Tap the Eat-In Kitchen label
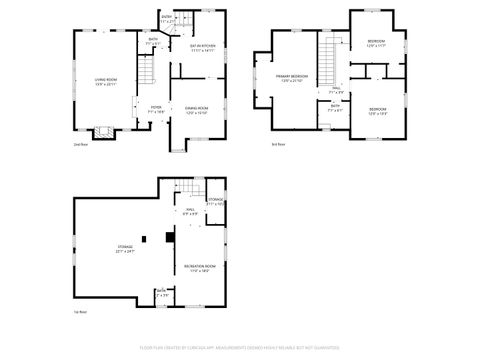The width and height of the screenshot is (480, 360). [203, 46]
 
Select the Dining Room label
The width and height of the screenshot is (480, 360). [196, 110]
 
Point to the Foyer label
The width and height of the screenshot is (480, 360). [156, 109]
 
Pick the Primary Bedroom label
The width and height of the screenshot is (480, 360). [292, 77]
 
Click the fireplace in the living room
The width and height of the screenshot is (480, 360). [103, 131]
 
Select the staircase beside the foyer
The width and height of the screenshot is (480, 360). [146, 74]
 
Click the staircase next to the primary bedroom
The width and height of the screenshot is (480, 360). [326, 55]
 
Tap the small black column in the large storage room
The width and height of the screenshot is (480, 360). [145, 238]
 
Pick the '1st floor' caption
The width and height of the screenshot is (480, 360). [79, 313]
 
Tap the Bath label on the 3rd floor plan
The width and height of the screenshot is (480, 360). [335, 107]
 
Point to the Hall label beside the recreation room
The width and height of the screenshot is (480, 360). [189, 210]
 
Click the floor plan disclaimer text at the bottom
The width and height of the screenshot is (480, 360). [240, 348]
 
